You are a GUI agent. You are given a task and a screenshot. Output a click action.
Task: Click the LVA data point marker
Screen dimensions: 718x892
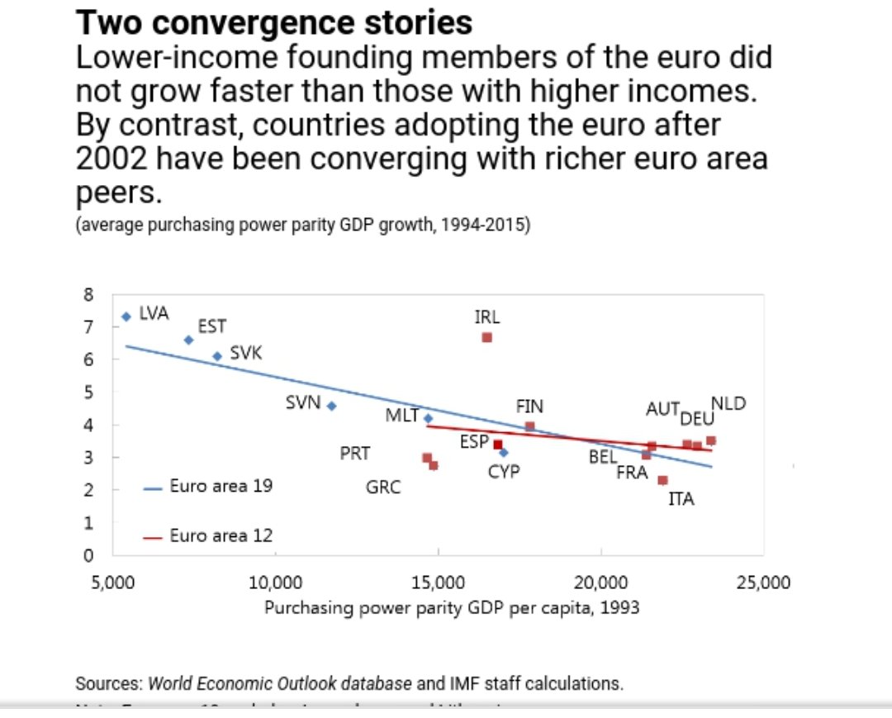[x=126, y=316]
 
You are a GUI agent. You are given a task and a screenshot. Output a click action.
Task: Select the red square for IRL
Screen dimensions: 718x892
[x=487, y=337]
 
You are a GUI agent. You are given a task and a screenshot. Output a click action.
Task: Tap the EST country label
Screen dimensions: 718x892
[x=211, y=326]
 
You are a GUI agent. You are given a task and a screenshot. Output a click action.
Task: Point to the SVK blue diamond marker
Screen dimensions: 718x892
[x=217, y=356]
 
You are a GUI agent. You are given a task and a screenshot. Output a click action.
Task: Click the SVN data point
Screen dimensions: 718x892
[x=331, y=406]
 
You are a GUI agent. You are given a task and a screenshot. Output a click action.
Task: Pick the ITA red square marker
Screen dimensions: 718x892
[x=662, y=480]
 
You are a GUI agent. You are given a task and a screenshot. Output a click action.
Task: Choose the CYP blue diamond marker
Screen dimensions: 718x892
[x=504, y=452]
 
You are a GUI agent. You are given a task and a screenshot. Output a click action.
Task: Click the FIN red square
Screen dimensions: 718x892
[x=529, y=426]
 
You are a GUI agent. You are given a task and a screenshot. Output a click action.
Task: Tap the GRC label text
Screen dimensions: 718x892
[x=383, y=487]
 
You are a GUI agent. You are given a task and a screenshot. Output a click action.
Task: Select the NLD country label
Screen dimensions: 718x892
[x=728, y=404]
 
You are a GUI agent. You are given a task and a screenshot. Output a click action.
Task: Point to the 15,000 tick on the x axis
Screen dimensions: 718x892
[x=438, y=582]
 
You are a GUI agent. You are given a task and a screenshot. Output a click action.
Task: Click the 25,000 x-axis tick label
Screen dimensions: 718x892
[x=764, y=582]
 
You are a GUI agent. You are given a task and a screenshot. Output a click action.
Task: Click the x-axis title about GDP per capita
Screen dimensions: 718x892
[x=452, y=607]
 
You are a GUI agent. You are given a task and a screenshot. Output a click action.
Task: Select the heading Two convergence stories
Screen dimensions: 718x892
[x=274, y=22]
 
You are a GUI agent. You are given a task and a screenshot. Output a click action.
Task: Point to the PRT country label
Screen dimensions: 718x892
[x=355, y=454]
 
